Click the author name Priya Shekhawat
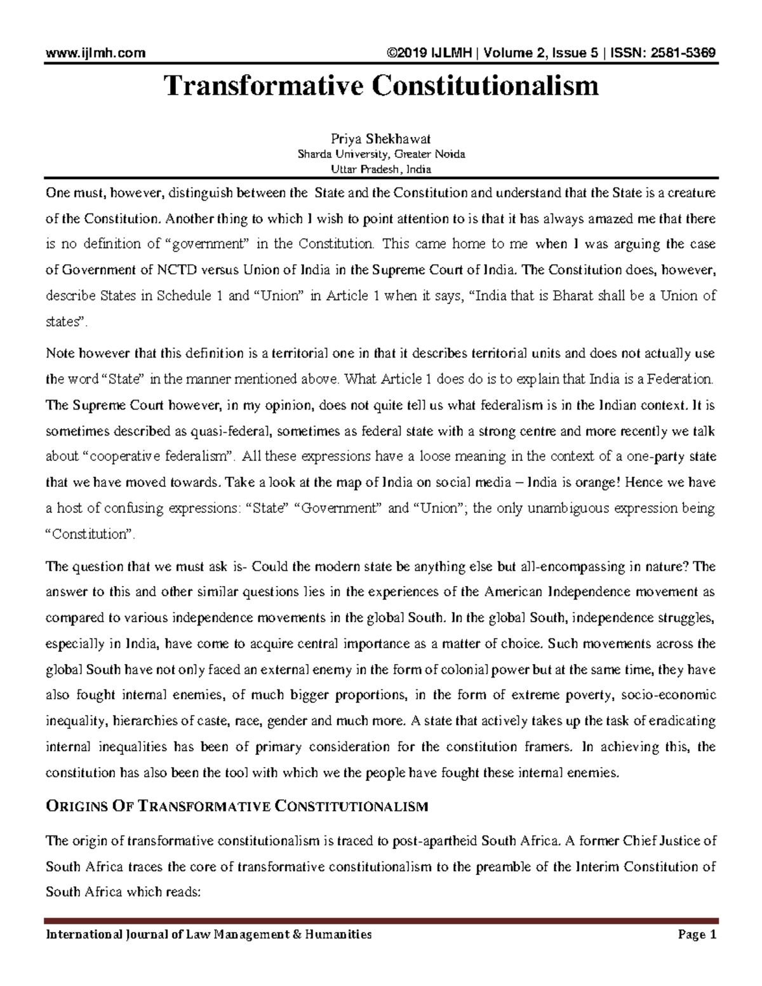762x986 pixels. (x=381, y=140)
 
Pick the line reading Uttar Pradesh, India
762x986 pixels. (x=381, y=169)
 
